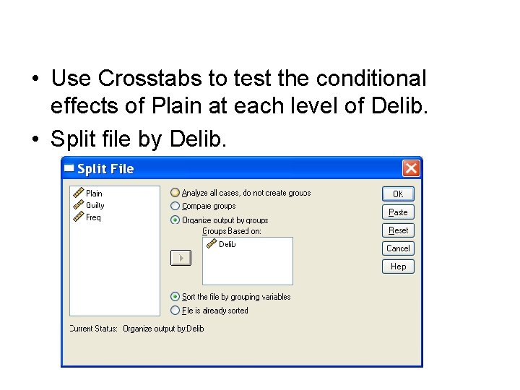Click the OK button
[398, 194]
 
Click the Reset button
[398, 230]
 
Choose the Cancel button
[398, 248]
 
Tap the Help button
[398, 266]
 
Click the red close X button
[411, 168]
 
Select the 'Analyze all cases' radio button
[175, 193]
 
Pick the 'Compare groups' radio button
[175, 206]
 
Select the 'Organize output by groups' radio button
[175, 220]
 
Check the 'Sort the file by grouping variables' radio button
[175, 297]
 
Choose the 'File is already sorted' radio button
[175, 311]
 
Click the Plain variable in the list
[94, 194]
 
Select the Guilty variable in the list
[95, 206]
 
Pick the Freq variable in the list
[93, 218]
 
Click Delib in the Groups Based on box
[227, 245]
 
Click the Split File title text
[105, 169]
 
